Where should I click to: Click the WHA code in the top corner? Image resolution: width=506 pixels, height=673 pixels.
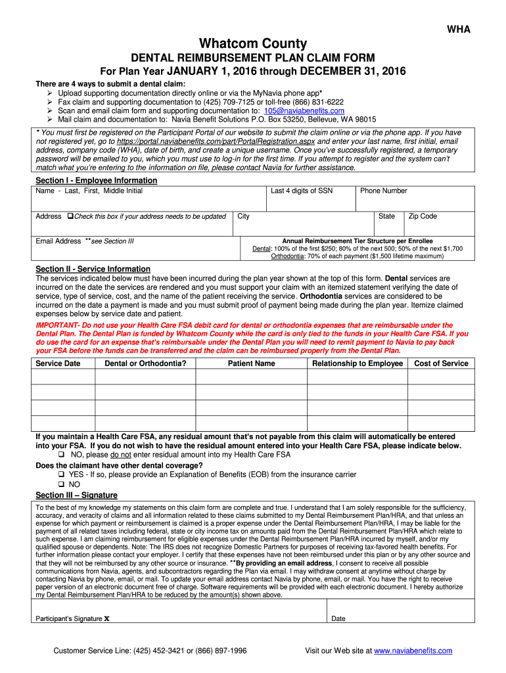pyautogui.click(x=459, y=30)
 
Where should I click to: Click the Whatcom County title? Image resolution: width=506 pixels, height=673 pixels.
pyautogui.click(x=253, y=44)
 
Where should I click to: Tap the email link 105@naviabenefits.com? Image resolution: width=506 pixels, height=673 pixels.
pyautogui.click(x=304, y=111)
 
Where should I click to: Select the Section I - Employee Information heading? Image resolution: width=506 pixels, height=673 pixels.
pyautogui.click(x=96, y=180)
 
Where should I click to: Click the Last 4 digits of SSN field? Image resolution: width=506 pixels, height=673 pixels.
pyautogui.click(x=311, y=198)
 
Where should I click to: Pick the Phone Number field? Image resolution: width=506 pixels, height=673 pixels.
pyautogui.click(x=416, y=198)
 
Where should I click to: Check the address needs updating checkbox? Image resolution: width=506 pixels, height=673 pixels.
pyautogui.click(x=69, y=217)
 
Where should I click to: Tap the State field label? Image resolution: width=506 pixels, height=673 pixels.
pyautogui.click(x=386, y=216)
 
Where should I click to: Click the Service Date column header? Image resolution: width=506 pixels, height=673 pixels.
pyautogui.click(x=58, y=363)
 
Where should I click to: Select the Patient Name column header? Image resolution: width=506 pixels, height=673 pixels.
pyautogui.click(x=251, y=363)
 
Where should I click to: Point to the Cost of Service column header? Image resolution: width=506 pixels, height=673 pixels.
pyautogui.click(x=441, y=363)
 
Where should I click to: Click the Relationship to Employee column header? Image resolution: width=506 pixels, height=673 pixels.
pyautogui.click(x=357, y=363)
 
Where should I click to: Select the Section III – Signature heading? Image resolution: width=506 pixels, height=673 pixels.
pyautogui.click(x=76, y=495)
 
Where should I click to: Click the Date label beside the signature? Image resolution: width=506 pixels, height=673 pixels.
pyautogui.click(x=338, y=618)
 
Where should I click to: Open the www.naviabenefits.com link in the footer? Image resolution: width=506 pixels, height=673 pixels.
pyautogui.click(x=413, y=651)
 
